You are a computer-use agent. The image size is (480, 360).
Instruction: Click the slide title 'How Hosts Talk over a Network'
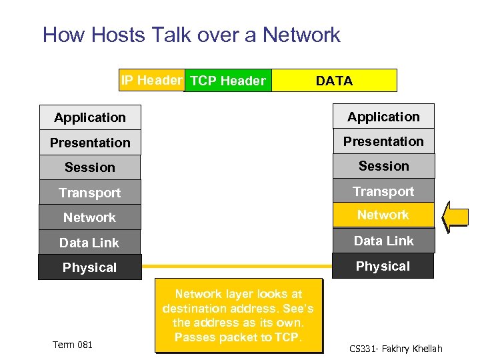coord(191,35)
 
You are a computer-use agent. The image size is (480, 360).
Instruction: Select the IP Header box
coord(151,81)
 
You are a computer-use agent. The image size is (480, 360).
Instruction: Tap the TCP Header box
coord(228,81)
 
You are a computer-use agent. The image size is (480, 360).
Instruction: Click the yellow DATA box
coord(335,81)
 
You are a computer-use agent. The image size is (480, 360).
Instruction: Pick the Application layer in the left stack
coord(90,118)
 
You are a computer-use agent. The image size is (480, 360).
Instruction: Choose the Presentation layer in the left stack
coord(90,143)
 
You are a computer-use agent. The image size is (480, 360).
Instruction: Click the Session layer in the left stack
coord(90,167)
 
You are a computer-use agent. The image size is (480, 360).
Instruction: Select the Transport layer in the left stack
coord(90,193)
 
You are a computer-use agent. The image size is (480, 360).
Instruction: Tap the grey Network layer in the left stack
coord(90,217)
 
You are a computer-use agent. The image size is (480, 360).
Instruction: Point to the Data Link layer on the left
coord(90,243)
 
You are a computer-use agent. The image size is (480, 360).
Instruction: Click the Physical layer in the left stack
coord(90,267)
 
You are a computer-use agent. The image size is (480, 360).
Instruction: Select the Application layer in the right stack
coord(383,117)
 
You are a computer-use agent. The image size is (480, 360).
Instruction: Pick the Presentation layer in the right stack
coord(383,141)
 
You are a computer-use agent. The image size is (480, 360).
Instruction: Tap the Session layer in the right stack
coord(383,166)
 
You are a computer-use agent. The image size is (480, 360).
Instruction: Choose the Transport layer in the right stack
coord(383,191)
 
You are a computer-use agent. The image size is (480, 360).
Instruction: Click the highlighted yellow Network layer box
coord(383,215)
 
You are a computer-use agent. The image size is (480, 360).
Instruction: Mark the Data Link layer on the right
coord(383,241)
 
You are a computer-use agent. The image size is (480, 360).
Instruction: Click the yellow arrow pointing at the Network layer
coord(457,217)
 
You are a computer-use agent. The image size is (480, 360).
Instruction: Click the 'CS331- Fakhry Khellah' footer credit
coord(395,349)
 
